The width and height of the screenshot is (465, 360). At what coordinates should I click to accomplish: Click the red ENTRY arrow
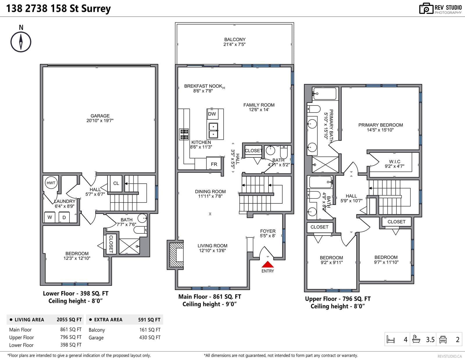267,264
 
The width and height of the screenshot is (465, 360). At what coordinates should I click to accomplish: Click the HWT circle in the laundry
51,183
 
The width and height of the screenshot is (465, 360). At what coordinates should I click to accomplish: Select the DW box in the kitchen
212,114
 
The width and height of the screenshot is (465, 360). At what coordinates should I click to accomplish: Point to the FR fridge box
214,164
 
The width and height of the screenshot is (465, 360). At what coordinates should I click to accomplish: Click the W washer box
50,217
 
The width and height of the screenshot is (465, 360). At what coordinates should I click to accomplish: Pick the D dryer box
64,217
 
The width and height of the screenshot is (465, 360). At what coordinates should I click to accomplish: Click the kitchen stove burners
184,134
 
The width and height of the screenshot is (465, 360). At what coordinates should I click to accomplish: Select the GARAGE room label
100,116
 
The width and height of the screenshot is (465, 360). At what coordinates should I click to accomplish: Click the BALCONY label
235,40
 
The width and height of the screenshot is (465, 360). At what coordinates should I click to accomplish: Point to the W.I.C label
395,162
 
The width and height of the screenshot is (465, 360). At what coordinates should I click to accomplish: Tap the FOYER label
268,231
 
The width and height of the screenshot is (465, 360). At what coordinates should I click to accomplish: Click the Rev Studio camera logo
426,8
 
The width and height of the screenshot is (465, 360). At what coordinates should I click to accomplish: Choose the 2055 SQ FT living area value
69,320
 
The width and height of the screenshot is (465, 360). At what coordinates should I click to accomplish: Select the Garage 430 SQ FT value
150,337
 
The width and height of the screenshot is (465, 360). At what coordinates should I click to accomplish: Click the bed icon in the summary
391,339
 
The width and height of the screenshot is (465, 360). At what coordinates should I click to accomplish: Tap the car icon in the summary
443,339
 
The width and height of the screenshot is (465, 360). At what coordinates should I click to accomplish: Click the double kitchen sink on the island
213,130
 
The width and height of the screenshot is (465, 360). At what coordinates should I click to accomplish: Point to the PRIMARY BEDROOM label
380,125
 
